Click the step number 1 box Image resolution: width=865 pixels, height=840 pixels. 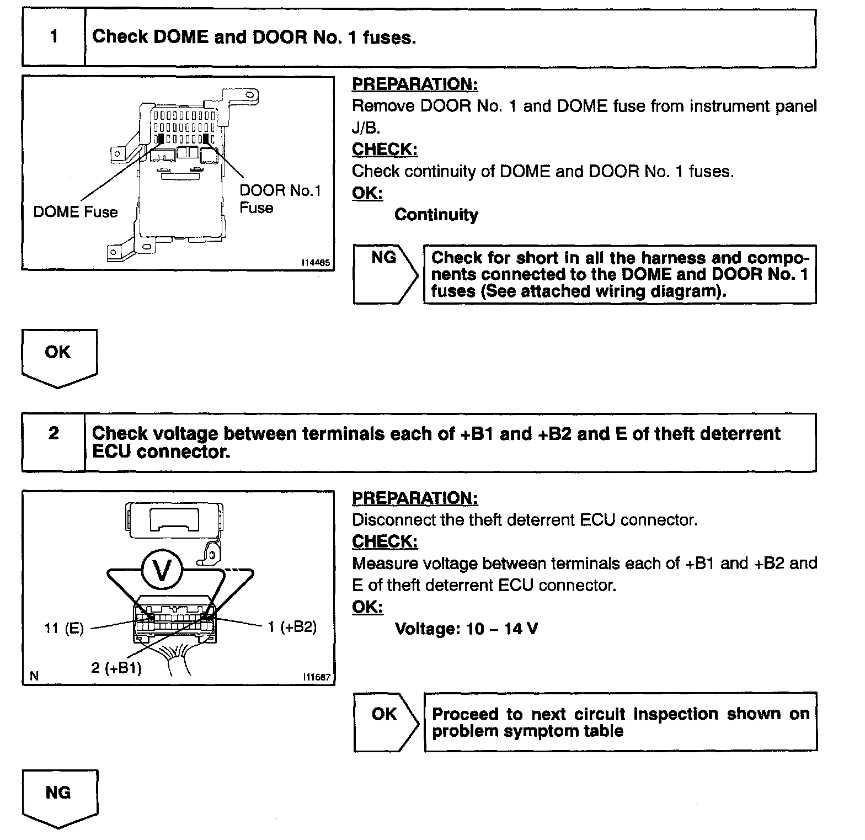[x=54, y=38]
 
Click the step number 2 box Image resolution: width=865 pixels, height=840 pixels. [x=54, y=434]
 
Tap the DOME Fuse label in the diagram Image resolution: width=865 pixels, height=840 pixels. [x=76, y=212]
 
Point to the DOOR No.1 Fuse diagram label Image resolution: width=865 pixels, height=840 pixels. [x=280, y=199]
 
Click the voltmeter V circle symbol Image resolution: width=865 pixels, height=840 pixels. [x=162, y=571]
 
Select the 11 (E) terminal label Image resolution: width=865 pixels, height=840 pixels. [x=64, y=629]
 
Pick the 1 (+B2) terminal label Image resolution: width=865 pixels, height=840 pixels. [x=292, y=627]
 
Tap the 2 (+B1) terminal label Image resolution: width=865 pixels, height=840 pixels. [x=116, y=668]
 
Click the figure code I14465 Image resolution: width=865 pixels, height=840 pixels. [x=316, y=263]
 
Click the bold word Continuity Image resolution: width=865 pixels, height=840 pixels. [x=436, y=215]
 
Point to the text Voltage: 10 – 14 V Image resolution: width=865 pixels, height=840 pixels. [x=466, y=629]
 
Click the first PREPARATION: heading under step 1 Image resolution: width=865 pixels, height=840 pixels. [x=415, y=84]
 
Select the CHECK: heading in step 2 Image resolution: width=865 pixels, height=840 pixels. [x=385, y=542]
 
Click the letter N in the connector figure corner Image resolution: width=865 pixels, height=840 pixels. [x=34, y=676]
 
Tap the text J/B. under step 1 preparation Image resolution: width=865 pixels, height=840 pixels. [x=366, y=128]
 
